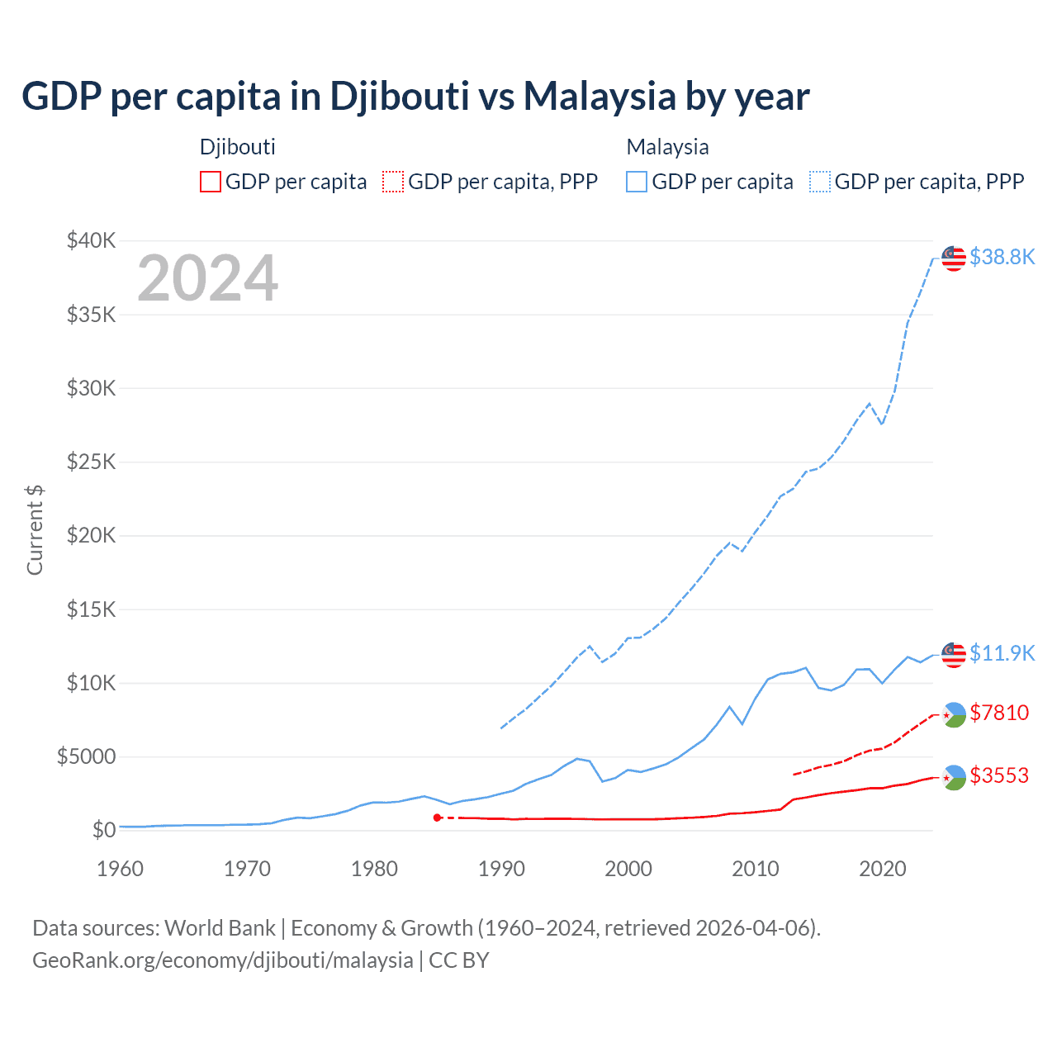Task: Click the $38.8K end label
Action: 1002,257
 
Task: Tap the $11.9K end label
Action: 1002,653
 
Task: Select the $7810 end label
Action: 999,712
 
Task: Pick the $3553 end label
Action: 999,775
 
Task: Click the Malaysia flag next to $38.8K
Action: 954,258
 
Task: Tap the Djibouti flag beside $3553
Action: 954,777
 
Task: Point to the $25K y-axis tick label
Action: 92,462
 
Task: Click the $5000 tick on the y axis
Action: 86,756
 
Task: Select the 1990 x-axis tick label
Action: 501,869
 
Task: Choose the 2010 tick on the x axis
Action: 756,869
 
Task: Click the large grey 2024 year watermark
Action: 207,278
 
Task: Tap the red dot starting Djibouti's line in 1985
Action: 437,818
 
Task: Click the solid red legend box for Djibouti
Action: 211,182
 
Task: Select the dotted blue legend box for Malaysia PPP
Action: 820,182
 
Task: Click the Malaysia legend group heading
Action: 667,147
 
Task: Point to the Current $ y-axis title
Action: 35,530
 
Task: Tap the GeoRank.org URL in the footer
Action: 222,960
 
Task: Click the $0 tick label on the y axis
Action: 103,830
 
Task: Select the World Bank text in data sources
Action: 220,928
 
